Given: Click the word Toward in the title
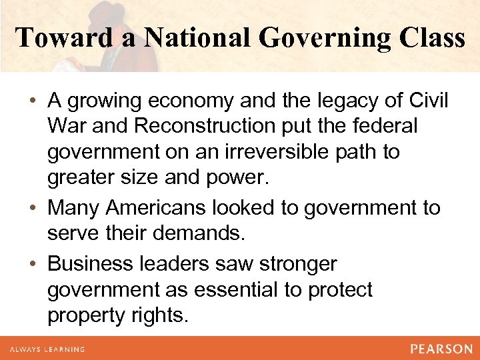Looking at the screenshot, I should pyautogui.click(x=54, y=37).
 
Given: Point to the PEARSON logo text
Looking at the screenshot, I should pyautogui.click(x=441, y=349).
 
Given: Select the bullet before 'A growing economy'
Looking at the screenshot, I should pyautogui.click(x=35, y=101).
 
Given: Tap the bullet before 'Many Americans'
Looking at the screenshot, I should pyautogui.click(x=35, y=209).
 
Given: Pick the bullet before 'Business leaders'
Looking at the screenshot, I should pyautogui.click(x=35, y=265).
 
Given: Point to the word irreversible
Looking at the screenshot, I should pyautogui.click(x=283, y=153).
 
